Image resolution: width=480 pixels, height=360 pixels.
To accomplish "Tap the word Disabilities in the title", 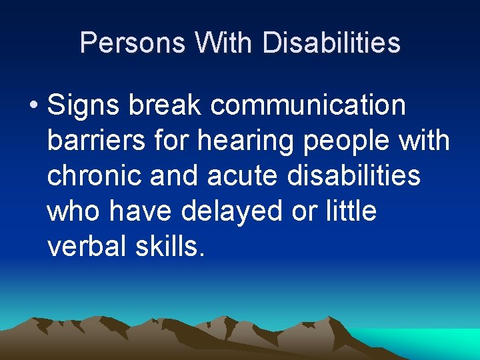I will [331, 43].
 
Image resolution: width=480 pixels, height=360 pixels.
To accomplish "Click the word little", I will [351, 211].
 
